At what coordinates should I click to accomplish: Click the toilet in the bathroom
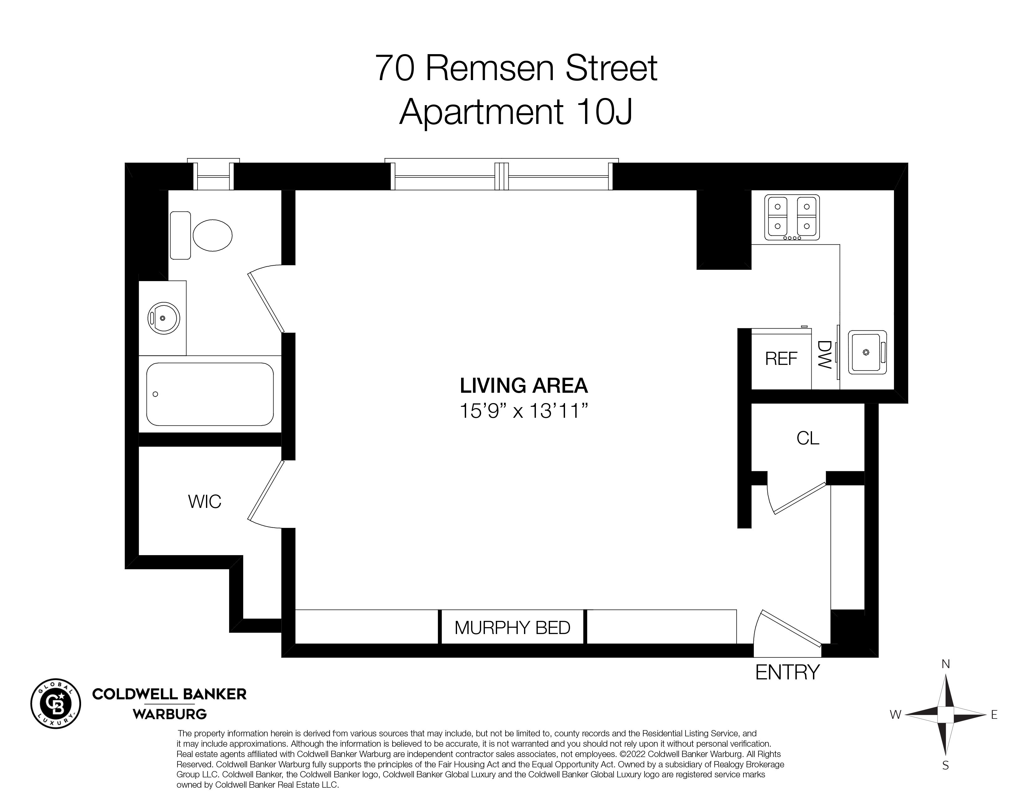pyautogui.click(x=201, y=235)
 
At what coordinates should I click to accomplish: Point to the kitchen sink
pyautogui.click(x=867, y=352)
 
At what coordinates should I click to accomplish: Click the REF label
pyautogui.click(x=781, y=359)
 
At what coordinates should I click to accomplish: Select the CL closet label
pyautogui.click(x=808, y=438)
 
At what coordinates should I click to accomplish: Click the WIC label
pyautogui.click(x=205, y=502)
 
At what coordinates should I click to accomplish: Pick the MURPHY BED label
pyautogui.click(x=512, y=627)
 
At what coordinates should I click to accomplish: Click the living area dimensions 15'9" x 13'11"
pyautogui.click(x=524, y=411)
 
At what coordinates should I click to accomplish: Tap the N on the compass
pyautogui.click(x=945, y=664)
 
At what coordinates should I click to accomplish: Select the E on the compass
pyautogui.click(x=994, y=715)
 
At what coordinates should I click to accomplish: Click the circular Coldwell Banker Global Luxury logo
pyautogui.click(x=56, y=704)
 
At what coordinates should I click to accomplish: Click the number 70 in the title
pyautogui.click(x=395, y=68)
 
